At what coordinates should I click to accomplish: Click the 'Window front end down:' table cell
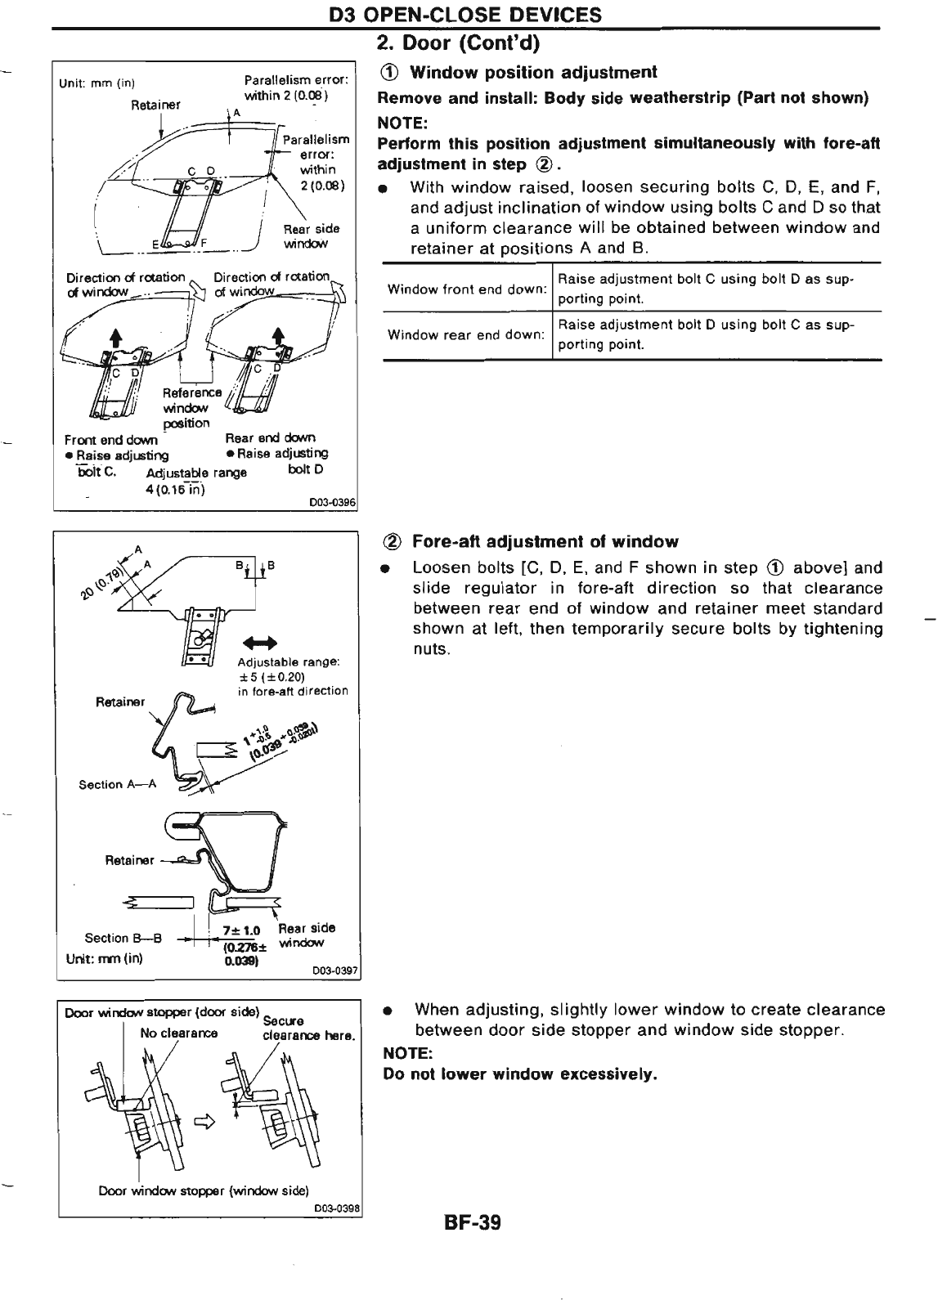pos(466,289)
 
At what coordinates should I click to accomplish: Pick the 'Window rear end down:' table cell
pos(466,335)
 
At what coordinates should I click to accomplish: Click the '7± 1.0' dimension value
pos(240,930)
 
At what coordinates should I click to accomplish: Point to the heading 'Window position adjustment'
pos(532,73)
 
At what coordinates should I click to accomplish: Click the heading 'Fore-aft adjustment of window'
pos(545,541)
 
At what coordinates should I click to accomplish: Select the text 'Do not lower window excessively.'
pos(520,1074)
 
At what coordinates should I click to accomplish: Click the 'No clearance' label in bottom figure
pos(178,1033)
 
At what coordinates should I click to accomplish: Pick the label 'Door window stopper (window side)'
pos(203,1190)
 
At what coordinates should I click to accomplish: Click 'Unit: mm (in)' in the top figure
pos(96,83)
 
